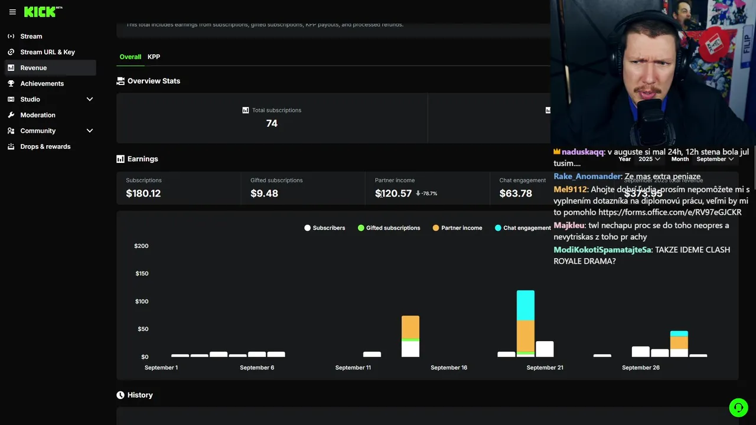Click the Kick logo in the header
[x=40, y=12]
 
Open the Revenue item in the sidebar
[x=33, y=68]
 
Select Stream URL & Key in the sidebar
[x=47, y=52]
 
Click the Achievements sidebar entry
[x=42, y=84]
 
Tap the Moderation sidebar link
[x=38, y=115]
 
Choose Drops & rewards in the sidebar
[x=45, y=146]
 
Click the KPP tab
[x=154, y=57]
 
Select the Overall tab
[x=130, y=57]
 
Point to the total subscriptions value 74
[x=272, y=123]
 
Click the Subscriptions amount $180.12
[x=144, y=194]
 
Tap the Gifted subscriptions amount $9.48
[x=264, y=194]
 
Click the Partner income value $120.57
[x=393, y=194]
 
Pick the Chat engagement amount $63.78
[x=516, y=194]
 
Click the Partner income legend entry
[x=457, y=228]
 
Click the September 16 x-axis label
[x=449, y=368]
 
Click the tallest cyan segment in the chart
[x=525, y=305]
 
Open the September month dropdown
[x=715, y=159]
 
